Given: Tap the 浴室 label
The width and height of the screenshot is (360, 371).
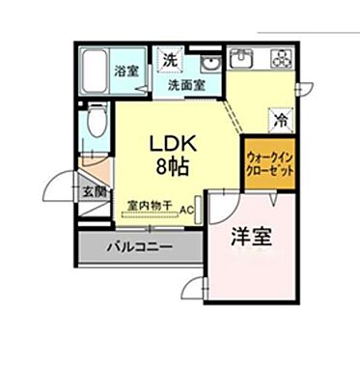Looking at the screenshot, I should (125, 71).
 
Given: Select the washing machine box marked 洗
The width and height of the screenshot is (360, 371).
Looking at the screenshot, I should (169, 58).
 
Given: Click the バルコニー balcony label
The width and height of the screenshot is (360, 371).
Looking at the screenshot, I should (140, 246).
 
